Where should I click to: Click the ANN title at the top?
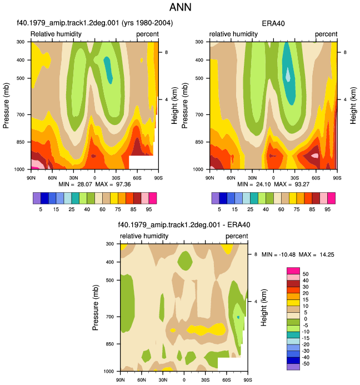click(180, 7)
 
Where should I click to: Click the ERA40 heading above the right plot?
click(273, 23)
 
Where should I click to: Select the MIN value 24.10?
click(263, 184)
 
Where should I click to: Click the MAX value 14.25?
click(327, 254)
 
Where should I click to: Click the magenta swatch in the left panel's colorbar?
click(153, 198)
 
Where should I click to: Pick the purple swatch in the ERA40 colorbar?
click(216, 198)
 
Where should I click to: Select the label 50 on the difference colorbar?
click(306, 274)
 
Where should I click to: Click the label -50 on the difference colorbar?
click(305, 364)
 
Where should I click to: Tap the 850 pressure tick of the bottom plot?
click(110, 344)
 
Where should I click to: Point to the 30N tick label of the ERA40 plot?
click(252, 178)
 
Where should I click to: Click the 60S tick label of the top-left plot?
click(137, 178)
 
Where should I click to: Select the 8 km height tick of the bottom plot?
click(256, 254)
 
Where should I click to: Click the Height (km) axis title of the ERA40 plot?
click(353, 106)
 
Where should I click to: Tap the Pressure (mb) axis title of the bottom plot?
click(96, 307)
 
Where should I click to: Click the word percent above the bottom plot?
click(237, 236)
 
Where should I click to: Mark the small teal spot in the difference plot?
click(238, 317)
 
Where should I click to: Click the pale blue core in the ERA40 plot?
click(288, 74)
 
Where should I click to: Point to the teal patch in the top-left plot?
click(108, 70)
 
